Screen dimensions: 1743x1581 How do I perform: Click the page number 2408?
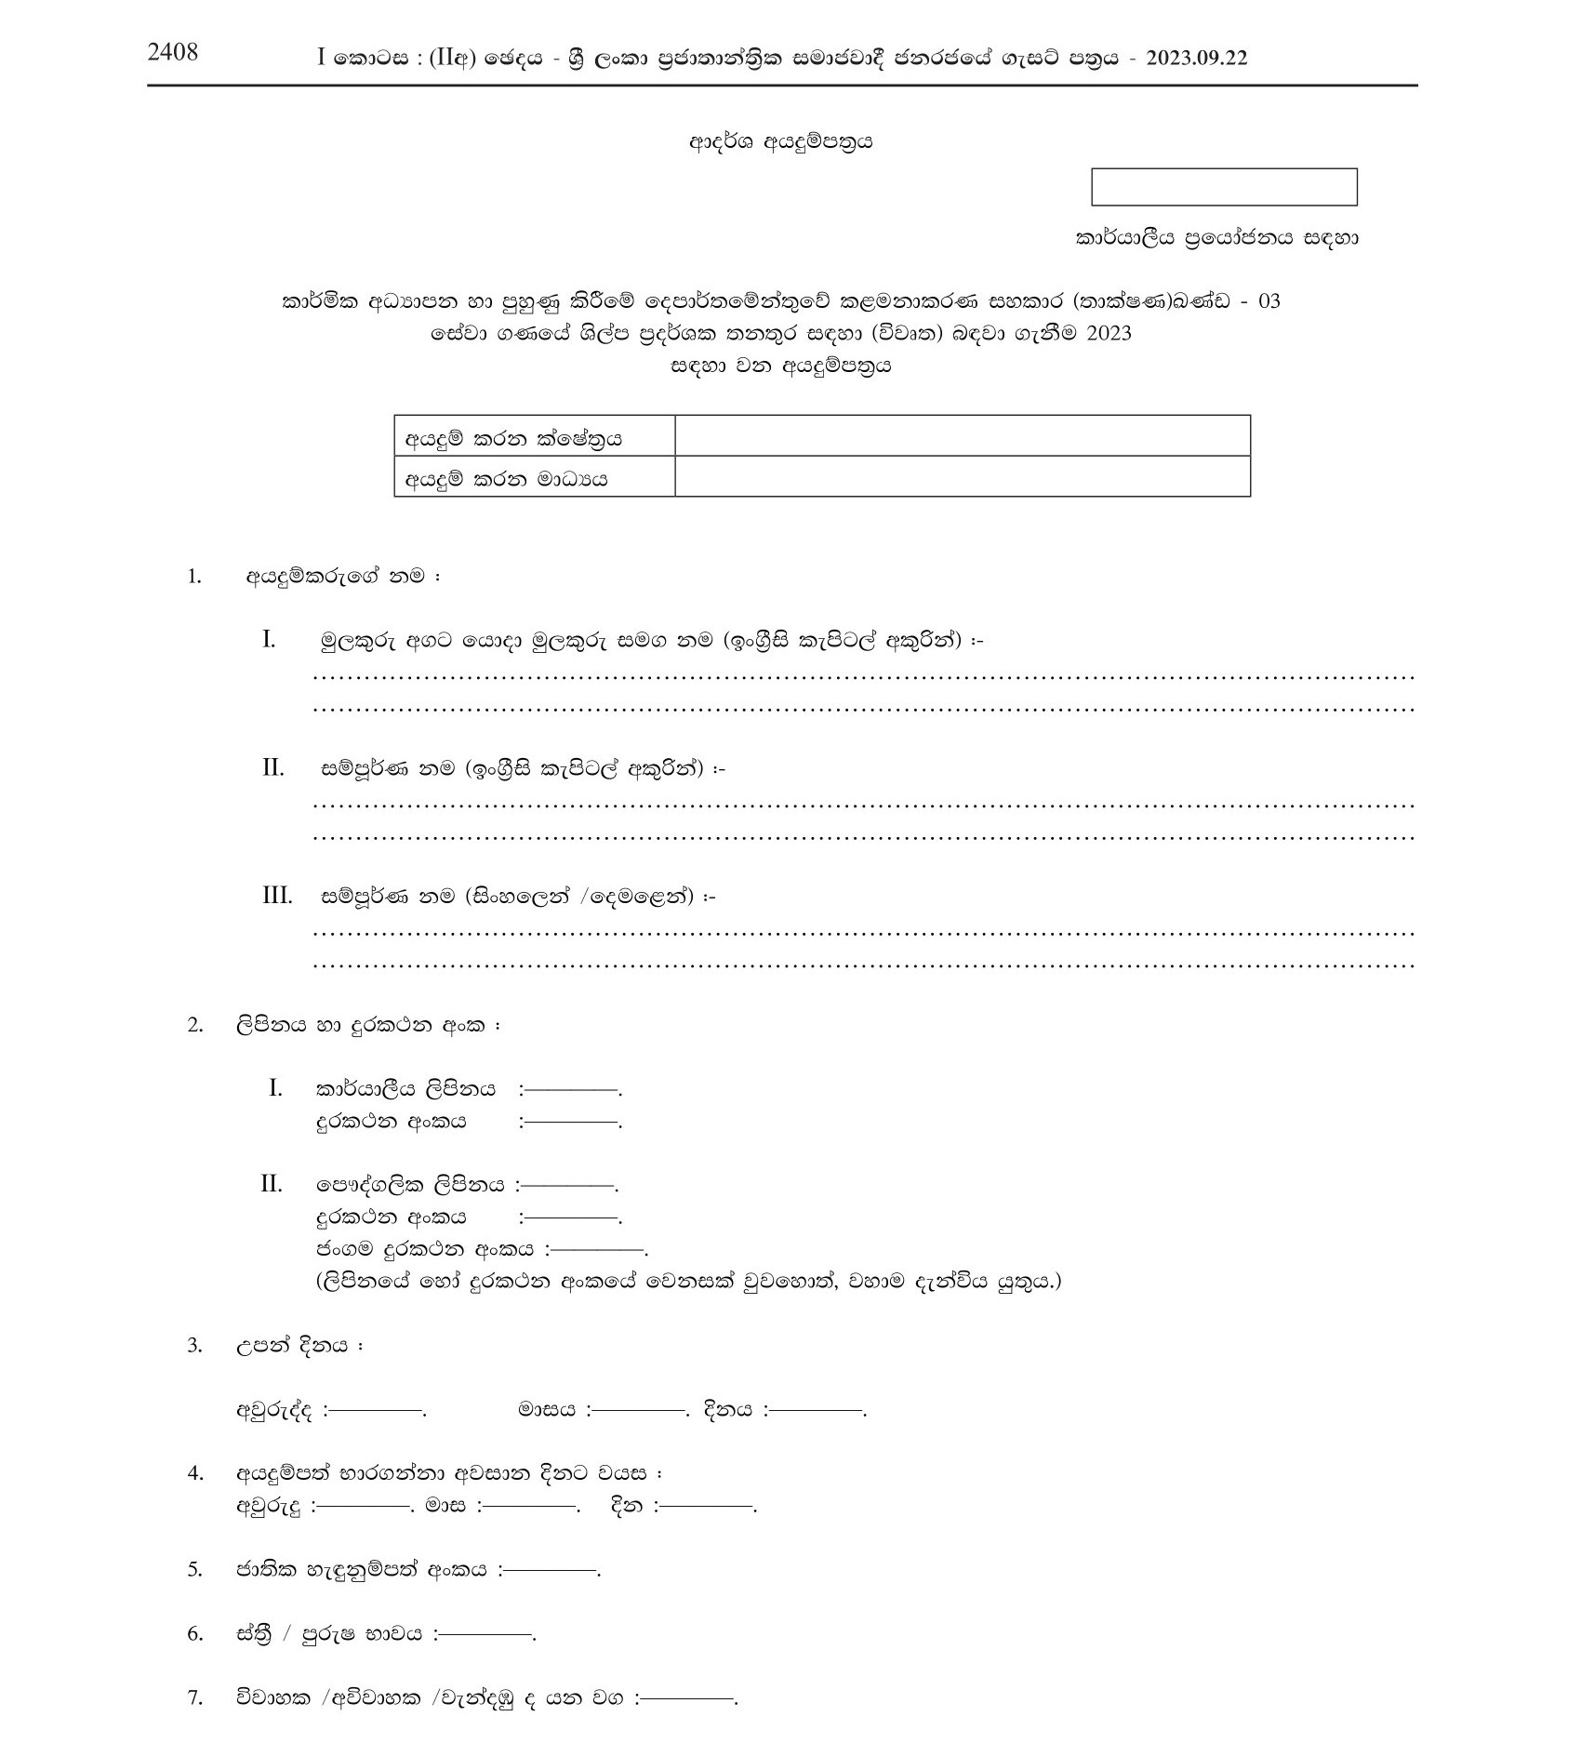[173, 52]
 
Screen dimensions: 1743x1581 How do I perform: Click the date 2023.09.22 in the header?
[1197, 59]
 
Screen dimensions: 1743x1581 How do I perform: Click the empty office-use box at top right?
[1224, 187]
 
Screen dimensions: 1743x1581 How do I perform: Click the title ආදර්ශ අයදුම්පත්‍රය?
[780, 142]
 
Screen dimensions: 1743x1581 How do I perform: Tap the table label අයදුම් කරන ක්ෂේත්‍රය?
[512, 438]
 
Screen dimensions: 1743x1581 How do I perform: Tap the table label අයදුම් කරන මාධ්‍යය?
[506, 479]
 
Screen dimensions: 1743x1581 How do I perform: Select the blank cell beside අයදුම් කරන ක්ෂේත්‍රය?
[962, 436]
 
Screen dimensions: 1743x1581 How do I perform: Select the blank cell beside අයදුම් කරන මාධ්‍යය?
[962, 477]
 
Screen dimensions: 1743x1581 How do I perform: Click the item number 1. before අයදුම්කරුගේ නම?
[194, 577]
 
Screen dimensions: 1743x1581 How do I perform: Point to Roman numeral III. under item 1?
[277, 897]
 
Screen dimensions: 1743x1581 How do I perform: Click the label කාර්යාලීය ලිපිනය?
[406, 1088]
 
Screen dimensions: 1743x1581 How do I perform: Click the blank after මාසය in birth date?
[640, 1410]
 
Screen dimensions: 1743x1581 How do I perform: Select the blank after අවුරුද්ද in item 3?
[377, 1410]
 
